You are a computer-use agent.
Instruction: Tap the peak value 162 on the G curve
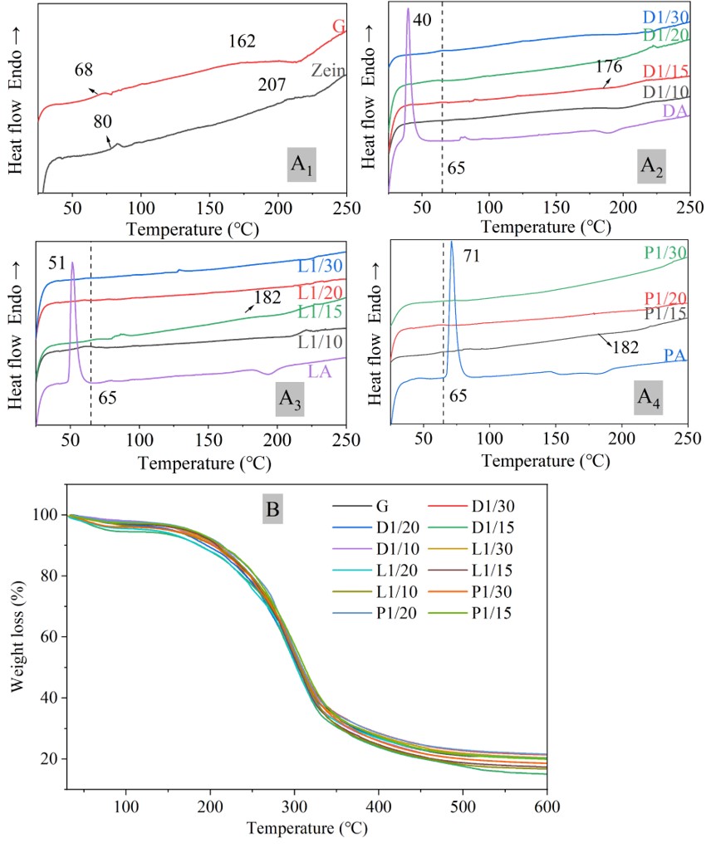pyautogui.click(x=243, y=42)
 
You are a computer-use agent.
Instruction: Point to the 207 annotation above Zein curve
pyautogui.click(x=269, y=84)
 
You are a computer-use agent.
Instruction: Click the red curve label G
pyautogui.click(x=338, y=27)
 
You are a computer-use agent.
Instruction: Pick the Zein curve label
pyautogui.click(x=328, y=71)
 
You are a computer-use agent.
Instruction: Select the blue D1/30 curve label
pyautogui.click(x=665, y=17)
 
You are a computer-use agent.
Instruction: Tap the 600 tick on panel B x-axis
pyautogui.click(x=546, y=805)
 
